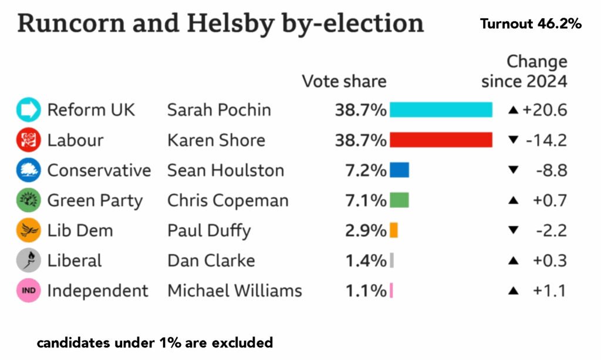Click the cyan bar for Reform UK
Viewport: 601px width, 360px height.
(440, 110)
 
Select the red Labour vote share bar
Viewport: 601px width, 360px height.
(440, 140)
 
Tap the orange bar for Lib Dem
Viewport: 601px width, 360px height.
(393, 230)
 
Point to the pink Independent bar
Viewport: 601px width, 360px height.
(391, 291)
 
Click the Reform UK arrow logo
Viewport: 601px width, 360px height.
(28, 110)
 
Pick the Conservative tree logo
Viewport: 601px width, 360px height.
(28, 170)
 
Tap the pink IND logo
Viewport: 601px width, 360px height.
(28, 291)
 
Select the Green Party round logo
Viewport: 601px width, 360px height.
(28, 201)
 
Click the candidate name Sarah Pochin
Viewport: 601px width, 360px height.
(219, 110)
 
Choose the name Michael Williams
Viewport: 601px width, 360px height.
(234, 291)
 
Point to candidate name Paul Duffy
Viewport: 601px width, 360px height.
(208, 230)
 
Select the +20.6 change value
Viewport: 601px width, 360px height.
(545, 110)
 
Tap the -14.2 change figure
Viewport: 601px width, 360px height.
(546, 140)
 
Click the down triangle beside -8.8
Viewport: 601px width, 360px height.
(514, 170)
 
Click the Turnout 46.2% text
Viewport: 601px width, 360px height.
(530, 24)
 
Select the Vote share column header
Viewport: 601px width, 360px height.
(344, 81)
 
